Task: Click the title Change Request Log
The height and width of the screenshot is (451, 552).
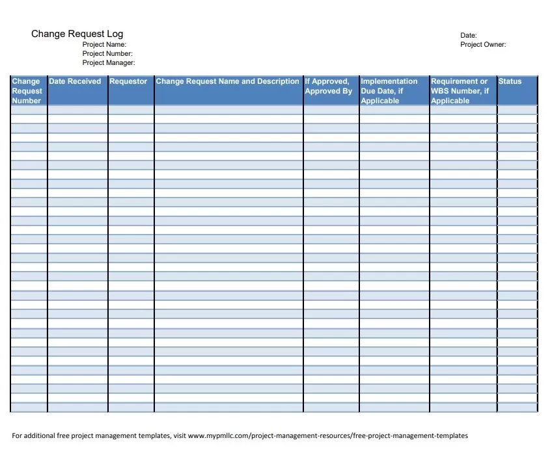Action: coord(77,34)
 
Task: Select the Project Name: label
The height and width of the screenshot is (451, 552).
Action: coord(109,44)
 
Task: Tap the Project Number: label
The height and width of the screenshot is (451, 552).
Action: coord(107,53)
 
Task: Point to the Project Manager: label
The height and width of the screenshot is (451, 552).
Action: coord(109,62)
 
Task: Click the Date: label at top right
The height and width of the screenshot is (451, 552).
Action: coord(469,35)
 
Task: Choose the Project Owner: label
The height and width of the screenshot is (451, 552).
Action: coord(483,44)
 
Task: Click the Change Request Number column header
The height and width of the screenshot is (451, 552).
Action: coord(27,91)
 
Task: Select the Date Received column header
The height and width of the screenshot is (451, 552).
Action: coord(75,81)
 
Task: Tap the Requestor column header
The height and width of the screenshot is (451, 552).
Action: coord(128,81)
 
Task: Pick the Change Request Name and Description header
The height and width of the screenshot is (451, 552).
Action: coord(227,81)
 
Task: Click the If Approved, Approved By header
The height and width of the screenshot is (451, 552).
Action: coord(329,86)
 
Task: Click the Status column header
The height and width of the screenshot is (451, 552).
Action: coord(510,81)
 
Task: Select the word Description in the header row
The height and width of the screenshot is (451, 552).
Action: coord(278,81)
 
